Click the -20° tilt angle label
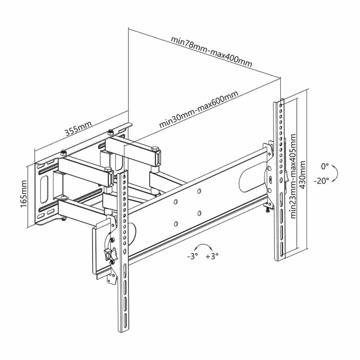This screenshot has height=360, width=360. tap(321, 180)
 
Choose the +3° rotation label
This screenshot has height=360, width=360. tap(212, 256)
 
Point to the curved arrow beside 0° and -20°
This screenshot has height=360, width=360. tap(336, 173)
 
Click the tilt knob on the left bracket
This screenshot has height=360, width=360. tap(108, 253)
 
